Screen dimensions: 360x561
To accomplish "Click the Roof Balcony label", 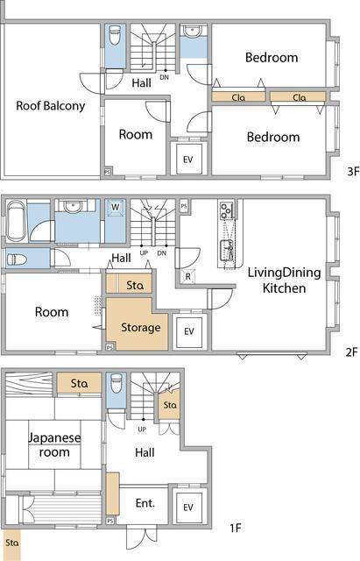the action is [x=51, y=106].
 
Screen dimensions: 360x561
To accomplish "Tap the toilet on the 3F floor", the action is [x=115, y=35].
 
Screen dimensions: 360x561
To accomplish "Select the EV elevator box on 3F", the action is [x=188, y=159].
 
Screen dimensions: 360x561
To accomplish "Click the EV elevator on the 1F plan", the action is [x=188, y=507].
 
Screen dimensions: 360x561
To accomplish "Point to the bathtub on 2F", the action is [x=17, y=221].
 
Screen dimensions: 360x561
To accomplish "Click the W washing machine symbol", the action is [x=115, y=207].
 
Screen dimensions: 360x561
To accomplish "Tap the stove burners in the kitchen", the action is [x=226, y=210].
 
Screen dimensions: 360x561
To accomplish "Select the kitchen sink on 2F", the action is [x=227, y=249].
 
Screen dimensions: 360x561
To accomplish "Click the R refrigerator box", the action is [x=188, y=276].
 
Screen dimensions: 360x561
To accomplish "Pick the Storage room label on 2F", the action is [x=141, y=327].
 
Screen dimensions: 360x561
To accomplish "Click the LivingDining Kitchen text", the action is [x=284, y=280].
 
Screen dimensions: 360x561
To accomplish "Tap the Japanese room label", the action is [x=54, y=444].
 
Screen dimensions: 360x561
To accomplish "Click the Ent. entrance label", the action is [x=145, y=503].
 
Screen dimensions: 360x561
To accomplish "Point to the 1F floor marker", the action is [x=236, y=528].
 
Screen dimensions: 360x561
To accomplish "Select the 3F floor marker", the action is [x=352, y=172].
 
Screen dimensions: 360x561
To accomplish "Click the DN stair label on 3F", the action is [x=164, y=77].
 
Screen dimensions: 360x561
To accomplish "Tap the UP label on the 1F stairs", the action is [x=142, y=429].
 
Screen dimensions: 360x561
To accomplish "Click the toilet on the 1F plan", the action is [x=116, y=383].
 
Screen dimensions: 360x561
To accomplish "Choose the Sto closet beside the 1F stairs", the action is [x=170, y=405].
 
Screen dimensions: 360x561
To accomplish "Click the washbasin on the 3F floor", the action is [x=193, y=31].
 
